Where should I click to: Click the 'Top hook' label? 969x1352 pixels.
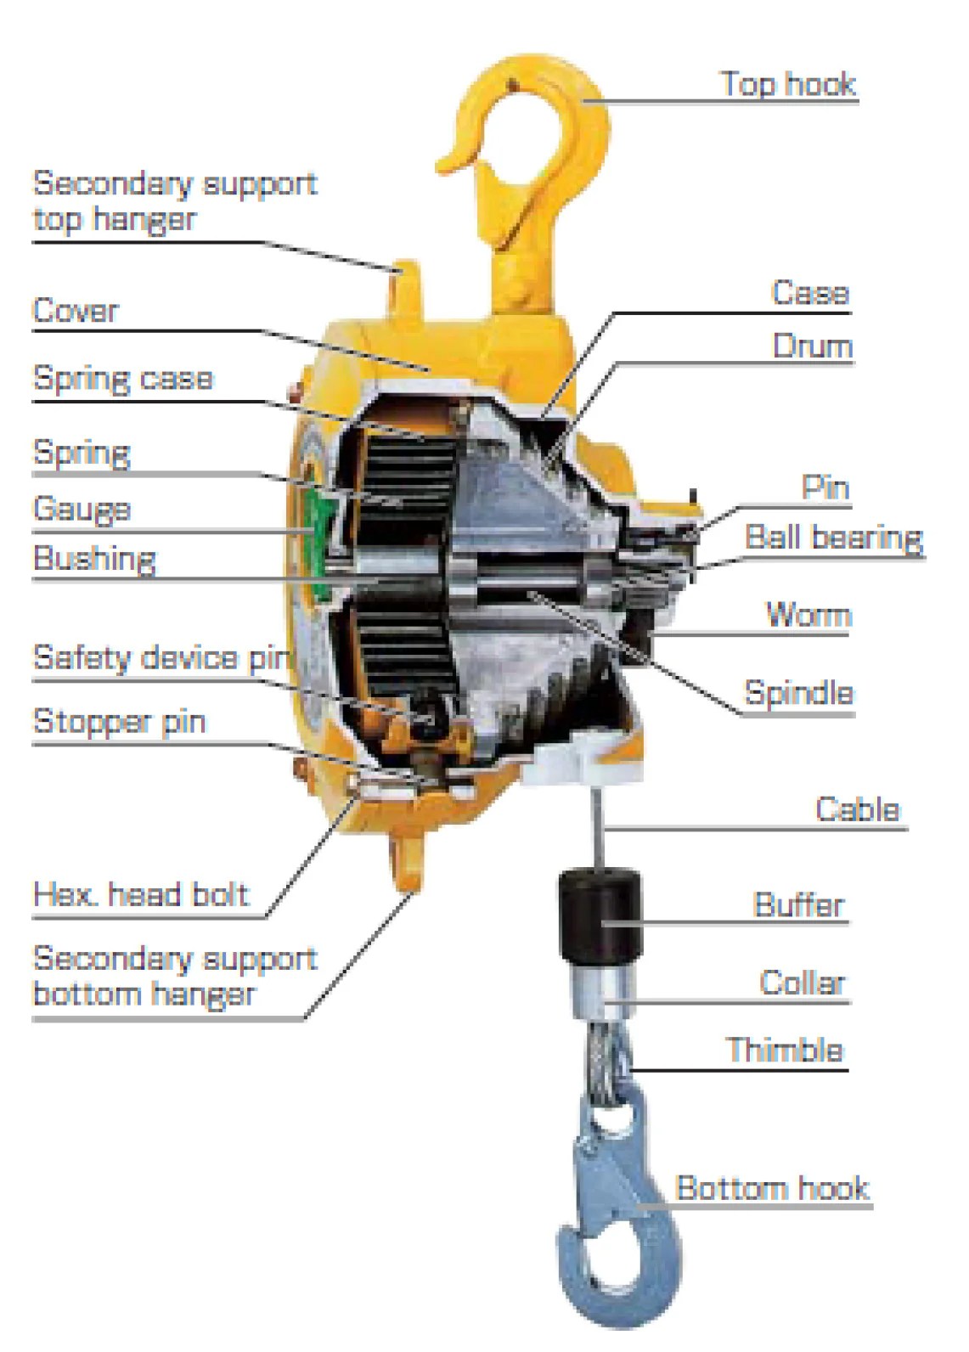788,84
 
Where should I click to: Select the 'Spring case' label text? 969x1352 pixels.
123,378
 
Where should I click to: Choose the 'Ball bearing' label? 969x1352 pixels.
833,538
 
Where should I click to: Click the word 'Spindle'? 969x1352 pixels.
798,693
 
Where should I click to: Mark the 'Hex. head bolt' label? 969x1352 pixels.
140,894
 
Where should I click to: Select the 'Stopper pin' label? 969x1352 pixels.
119,722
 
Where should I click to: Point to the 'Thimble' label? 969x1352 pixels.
785,1050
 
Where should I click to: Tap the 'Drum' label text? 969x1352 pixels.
811,346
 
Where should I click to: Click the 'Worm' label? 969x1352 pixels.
807,614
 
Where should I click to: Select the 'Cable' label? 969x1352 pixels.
856,808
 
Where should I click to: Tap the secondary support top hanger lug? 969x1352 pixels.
407,284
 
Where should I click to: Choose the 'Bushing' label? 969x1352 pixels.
94,559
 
